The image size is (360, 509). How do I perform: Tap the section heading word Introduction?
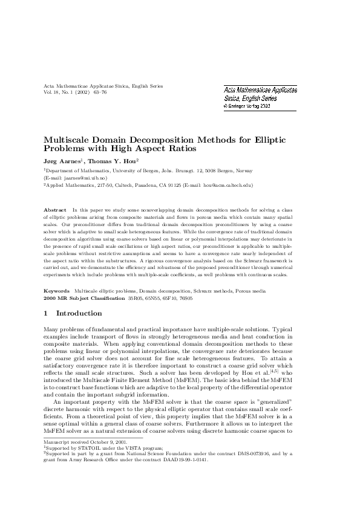click(x=79, y=314)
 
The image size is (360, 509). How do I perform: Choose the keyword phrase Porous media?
click(x=250, y=291)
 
